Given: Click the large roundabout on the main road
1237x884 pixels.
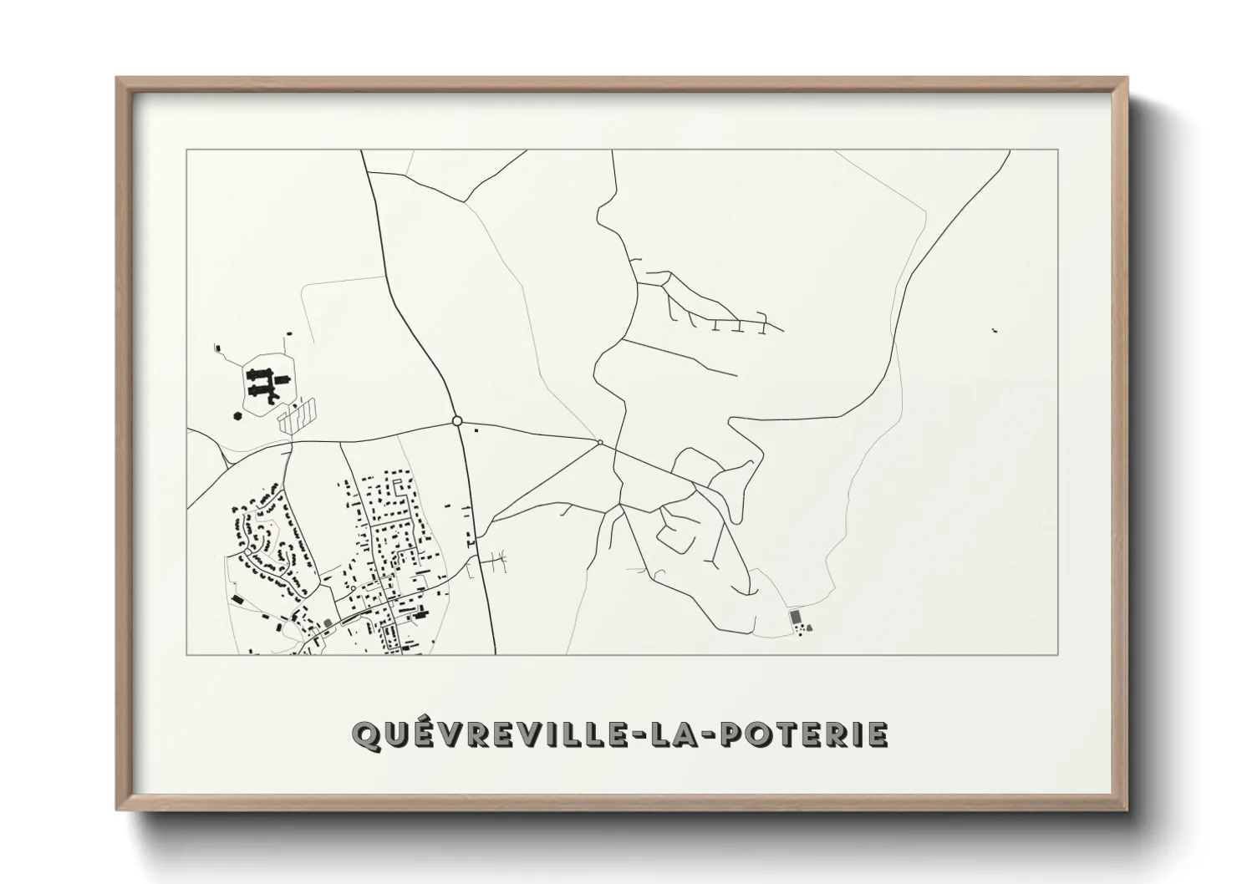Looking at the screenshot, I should (x=456, y=421).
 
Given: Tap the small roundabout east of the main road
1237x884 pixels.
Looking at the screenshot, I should (x=600, y=442).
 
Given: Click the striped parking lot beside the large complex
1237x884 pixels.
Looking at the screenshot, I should (x=298, y=414).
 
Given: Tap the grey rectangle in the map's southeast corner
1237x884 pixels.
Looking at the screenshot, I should (x=796, y=616).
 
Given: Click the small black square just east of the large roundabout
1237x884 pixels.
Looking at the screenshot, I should (x=476, y=431).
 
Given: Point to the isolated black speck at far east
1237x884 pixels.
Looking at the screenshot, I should (x=994, y=332).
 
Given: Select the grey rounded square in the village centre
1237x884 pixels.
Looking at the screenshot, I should (x=328, y=622).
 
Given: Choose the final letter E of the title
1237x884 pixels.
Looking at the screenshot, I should (x=877, y=734).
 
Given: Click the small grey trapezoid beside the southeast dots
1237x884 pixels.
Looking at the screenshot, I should (x=809, y=627).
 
